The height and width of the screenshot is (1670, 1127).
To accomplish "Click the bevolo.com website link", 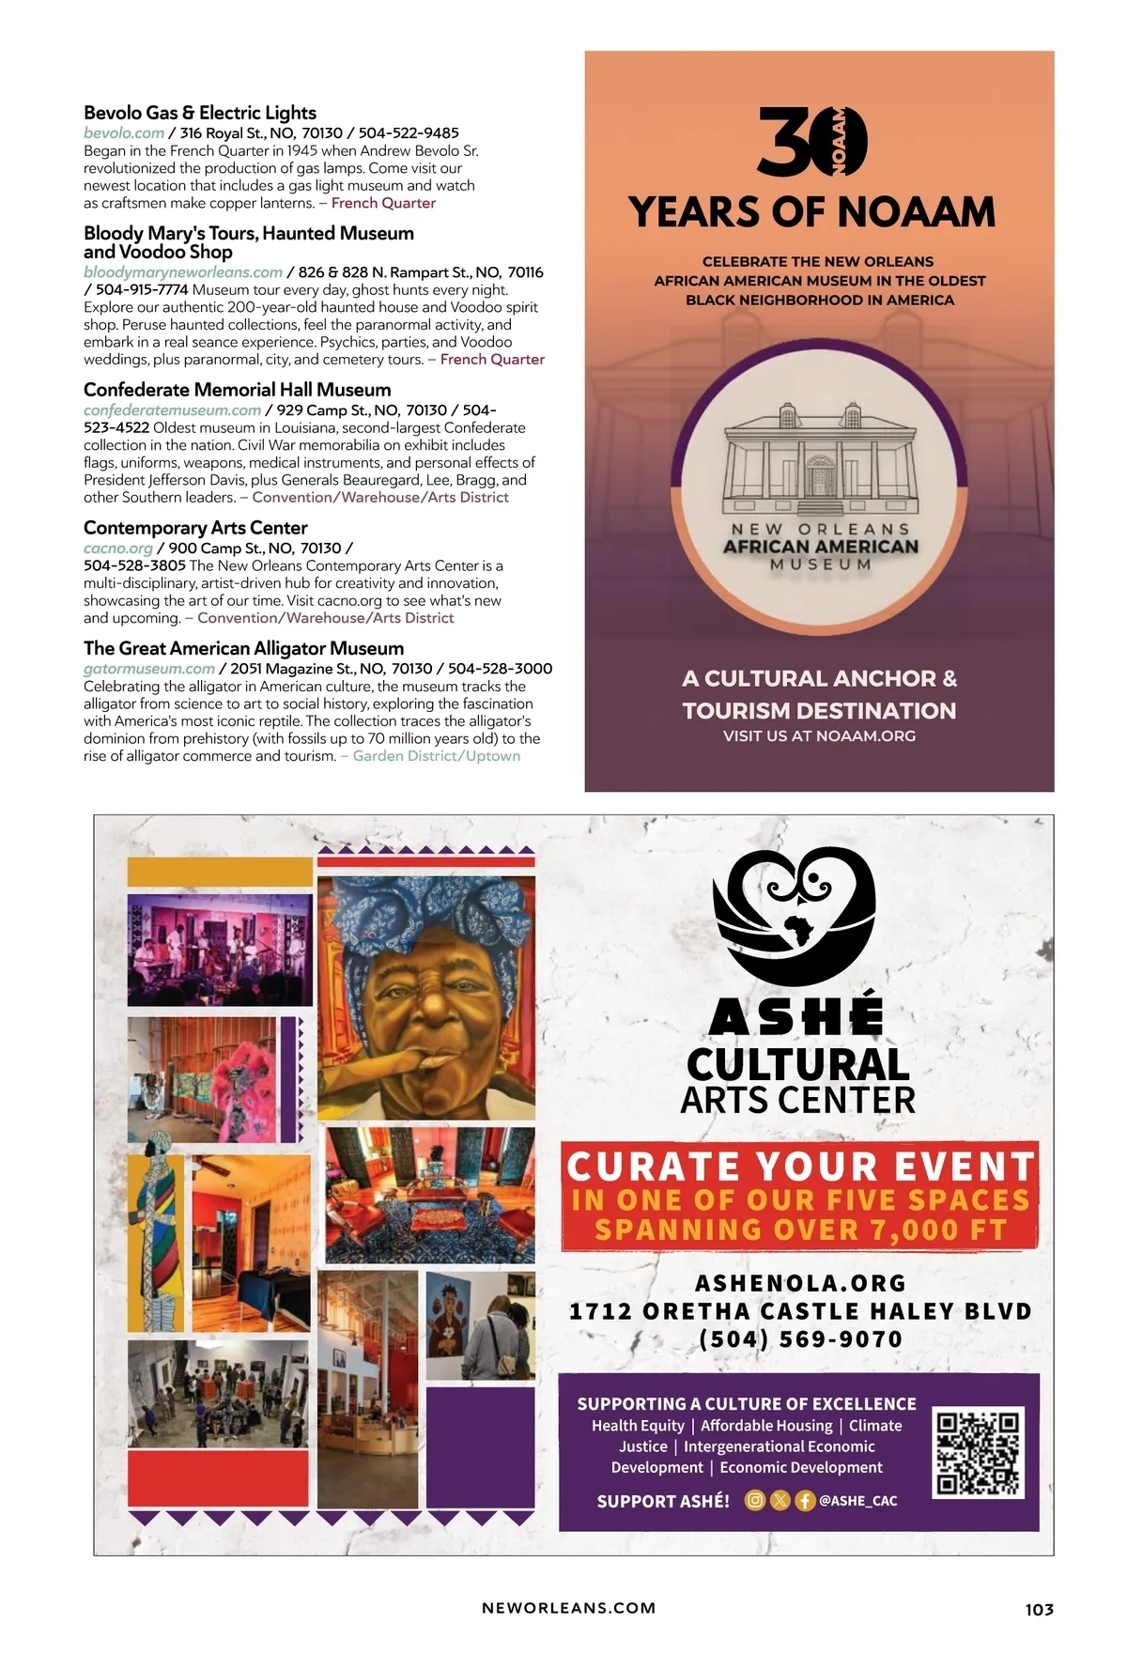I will pyautogui.click(x=124, y=133).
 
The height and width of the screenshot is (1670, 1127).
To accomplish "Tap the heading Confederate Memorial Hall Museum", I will pyautogui.click(x=237, y=390).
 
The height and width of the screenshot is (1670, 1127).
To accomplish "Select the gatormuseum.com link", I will pyautogui.click(x=148, y=669).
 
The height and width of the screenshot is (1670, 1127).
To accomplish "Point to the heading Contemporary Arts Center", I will pyautogui.click(x=195, y=528).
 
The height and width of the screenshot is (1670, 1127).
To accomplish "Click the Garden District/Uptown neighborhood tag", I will pyautogui.click(x=436, y=756).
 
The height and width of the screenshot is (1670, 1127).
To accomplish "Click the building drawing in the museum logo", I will pyautogui.click(x=820, y=461).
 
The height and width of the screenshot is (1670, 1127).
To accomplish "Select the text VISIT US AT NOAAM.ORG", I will pyautogui.click(x=819, y=736).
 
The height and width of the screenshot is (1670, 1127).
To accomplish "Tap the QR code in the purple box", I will pyautogui.click(x=978, y=1452).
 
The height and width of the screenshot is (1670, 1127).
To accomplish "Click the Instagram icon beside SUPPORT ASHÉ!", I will pyautogui.click(x=755, y=1500).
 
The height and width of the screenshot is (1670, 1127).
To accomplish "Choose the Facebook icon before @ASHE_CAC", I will pyautogui.click(x=805, y=1500).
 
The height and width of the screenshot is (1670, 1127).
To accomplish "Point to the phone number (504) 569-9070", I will pyautogui.click(x=800, y=1339).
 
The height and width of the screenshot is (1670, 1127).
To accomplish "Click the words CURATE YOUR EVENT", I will pyautogui.click(x=800, y=1167).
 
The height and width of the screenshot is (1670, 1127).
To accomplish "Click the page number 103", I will pyautogui.click(x=1039, y=1609).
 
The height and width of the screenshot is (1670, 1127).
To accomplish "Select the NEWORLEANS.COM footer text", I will pyautogui.click(x=568, y=1608).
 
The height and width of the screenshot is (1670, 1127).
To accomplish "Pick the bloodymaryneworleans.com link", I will pyautogui.click(x=182, y=272).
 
